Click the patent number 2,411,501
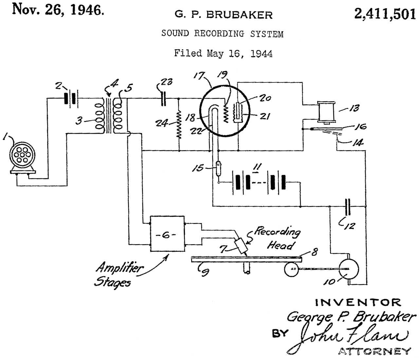pyautogui.click(x=385, y=14)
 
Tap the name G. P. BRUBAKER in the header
pyautogui.click(x=223, y=15)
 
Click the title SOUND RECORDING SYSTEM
pyautogui.click(x=222, y=34)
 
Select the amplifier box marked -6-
pyautogui.click(x=167, y=234)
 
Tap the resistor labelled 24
pyautogui.click(x=179, y=125)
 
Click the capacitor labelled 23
pyautogui.click(x=164, y=98)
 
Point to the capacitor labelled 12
pyautogui.click(x=348, y=207)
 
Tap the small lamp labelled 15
pyautogui.click(x=218, y=168)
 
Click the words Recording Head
pyautogui.click(x=277, y=238)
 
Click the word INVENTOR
pyautogui.click(x=358, y=302)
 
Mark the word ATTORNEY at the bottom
pyautogui.click(x=374, y=351)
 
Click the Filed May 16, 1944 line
pyautogui.click(x=223, y=53)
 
